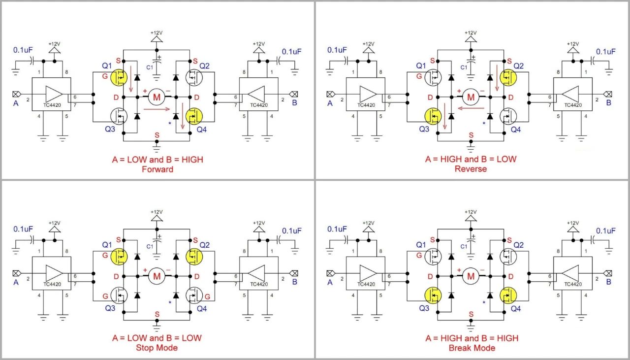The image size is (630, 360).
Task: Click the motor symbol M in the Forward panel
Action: pos(157,97)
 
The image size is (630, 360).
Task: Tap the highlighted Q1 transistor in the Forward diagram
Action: pos(119,76)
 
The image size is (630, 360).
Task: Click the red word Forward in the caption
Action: pos(157,169)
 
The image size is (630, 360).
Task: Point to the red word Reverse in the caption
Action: pos(472,169)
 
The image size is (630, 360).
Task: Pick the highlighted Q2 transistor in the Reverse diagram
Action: pos(508,76)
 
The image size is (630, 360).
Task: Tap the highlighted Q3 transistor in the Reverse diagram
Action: pos(433,116)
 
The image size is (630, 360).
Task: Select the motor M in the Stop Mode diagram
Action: pos(157,276)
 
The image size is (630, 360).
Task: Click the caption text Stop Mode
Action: pos(157,348)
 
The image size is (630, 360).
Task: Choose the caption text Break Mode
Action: pos(472,348)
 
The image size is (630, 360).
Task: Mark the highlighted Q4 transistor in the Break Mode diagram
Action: pos(508,295)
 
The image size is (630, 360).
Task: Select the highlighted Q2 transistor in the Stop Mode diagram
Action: pos(194,256)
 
